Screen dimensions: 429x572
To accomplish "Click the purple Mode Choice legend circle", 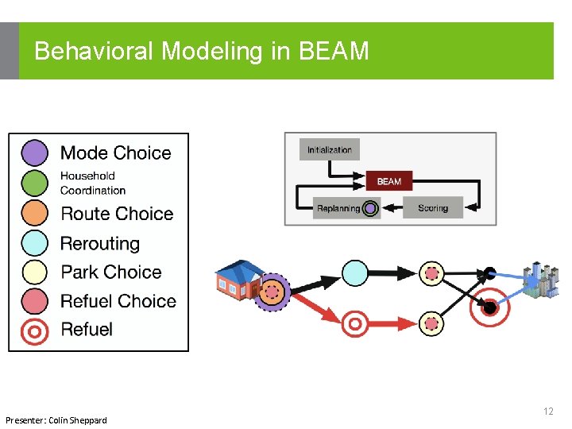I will (x=35, y=153).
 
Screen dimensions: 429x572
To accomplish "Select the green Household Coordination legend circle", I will (x=35, y=183).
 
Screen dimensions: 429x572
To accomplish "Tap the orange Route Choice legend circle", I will (x=35, y=213).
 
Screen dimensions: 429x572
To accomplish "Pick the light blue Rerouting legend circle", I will (x=35, y=243).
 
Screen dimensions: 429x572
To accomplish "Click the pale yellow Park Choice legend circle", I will (x=35, y=272).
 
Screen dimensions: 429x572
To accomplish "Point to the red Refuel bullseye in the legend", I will (x=35, y=330).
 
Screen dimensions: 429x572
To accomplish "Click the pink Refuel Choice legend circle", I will (x=35, y=301).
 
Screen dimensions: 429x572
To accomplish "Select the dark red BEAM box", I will (x=388, y=181).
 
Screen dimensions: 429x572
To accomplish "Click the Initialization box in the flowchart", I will (x=330, y=149).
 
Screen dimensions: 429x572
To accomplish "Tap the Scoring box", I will (x=433, y=208).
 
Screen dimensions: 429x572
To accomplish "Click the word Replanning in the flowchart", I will (x=338, y=208).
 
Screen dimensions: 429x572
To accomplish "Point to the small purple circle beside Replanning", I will (x=370, y=209).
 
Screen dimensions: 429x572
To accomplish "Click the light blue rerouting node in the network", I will (x=355, y=273).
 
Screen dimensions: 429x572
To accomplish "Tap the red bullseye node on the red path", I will (x=355, y=323).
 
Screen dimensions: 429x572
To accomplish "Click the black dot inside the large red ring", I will (x=490, y=307).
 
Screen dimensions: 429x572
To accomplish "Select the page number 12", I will (x=548, y=412).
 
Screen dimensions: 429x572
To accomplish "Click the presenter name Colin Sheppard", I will (x=78, y=419).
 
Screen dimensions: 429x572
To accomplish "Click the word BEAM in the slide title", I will (x=334, y=52).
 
